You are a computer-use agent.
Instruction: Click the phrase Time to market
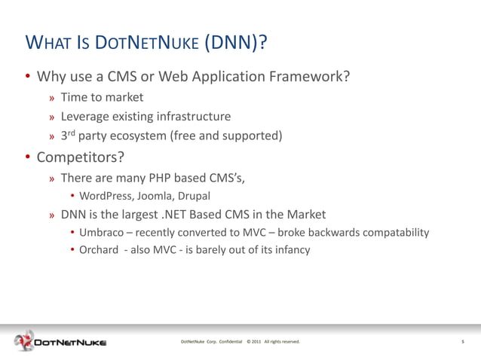coord(102,97)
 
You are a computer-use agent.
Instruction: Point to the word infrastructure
coord(193,117)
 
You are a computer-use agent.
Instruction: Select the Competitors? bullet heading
coord(79,157)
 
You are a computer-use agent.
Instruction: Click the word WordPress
coord(106,197)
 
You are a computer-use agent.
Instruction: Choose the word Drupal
coord(194,197)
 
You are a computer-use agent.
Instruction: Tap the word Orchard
coord(100,250)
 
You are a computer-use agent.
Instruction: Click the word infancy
coord(290,250)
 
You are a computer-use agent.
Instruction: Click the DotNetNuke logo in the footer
coord(60,341)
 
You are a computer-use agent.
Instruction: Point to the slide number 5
coord(461,342)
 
